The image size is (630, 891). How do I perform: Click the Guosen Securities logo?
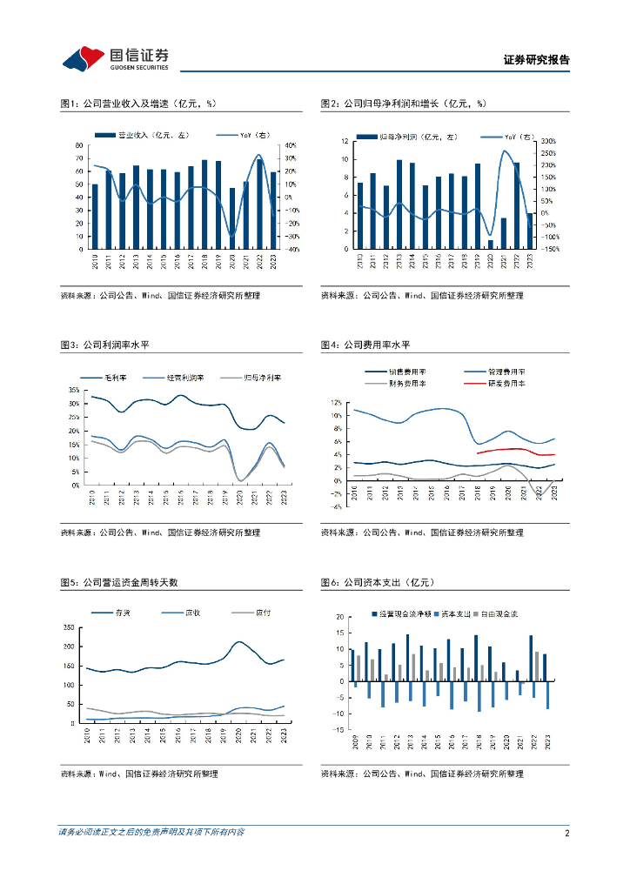(x=115, y=58)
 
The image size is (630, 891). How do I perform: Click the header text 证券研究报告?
(x=537, y=60)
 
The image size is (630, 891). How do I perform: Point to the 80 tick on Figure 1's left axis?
(x=78, y=145)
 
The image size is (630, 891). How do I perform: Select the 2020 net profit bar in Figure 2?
(x=491, y=244)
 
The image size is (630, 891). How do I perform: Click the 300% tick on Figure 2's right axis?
(x=548, y=141)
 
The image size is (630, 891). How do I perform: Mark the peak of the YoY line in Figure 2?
(x=506, y=151)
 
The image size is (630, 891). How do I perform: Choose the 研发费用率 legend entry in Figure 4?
(x=507, y=383)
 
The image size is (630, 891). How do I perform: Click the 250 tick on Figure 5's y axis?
(x=70, y=627)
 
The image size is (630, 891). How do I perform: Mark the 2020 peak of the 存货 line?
(x=241, y=642)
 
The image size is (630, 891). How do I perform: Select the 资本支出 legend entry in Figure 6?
(x=457, y=613)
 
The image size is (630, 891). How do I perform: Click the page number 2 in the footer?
(x=566, y=833)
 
